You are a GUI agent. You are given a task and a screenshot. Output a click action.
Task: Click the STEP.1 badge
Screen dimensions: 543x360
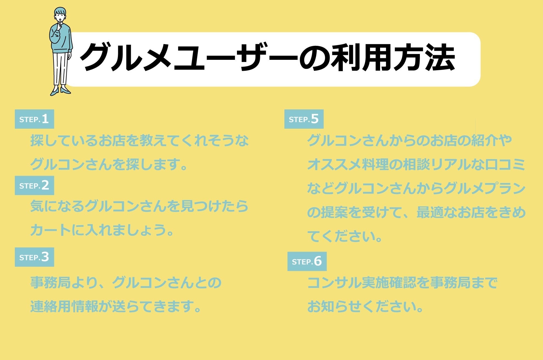[34, 119]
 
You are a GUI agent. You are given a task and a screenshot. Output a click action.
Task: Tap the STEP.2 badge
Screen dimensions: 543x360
[34, 185]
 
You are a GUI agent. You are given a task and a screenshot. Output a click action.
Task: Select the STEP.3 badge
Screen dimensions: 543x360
[34, 257]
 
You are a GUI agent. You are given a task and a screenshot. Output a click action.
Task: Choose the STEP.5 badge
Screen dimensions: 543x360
[304, 119]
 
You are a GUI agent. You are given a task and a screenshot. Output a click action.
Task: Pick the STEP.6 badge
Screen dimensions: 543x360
[307, 261]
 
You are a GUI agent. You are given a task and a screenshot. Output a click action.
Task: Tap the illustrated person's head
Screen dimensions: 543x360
[60, 15]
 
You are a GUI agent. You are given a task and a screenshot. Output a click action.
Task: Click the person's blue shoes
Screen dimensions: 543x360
[60, 91]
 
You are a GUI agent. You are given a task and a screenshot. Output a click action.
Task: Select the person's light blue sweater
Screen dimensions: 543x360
[61, 38]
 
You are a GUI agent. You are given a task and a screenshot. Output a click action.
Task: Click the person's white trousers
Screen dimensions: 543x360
[60, 69]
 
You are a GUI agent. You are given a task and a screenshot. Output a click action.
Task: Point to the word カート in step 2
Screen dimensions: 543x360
[50, 230]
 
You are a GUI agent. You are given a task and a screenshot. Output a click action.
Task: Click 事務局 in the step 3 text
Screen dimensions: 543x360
[50, 282]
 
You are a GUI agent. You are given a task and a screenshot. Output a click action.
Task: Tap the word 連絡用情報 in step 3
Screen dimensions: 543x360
[64, 306]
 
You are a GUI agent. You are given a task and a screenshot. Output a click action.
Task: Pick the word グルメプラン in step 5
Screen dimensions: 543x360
[485, 188]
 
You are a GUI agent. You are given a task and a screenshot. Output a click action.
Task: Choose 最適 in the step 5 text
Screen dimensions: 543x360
[430, 212]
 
